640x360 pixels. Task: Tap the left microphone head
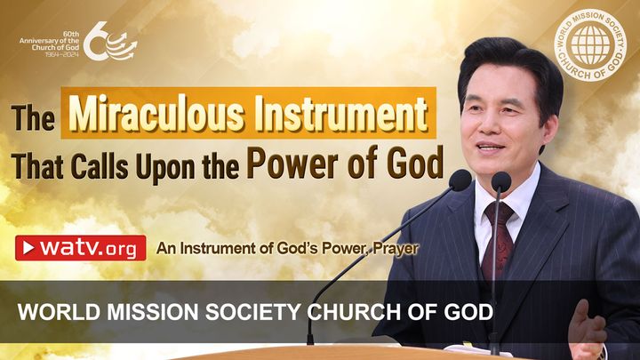click(460, 181)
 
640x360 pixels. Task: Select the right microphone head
click(501, 182)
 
